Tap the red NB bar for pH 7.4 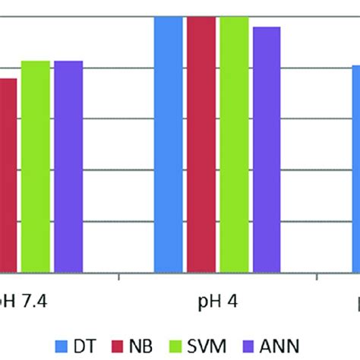pos(8,175)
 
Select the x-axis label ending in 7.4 pos(21,301)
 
